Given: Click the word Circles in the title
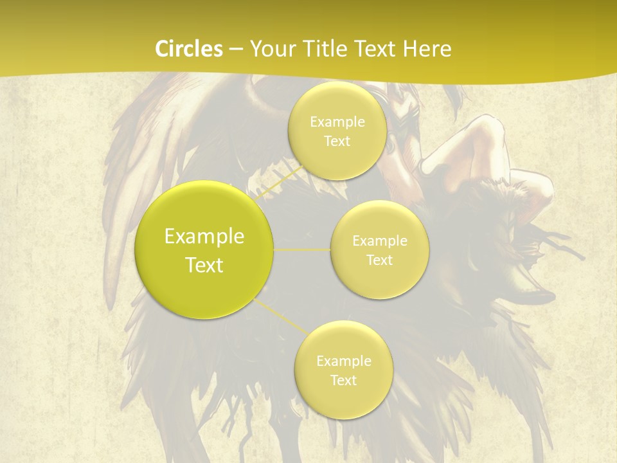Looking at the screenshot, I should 188,49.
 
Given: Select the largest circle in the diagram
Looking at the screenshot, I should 204,250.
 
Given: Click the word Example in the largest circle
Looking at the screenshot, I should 204,237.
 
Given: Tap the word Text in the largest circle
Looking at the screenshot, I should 204,265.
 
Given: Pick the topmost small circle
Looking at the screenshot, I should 337,131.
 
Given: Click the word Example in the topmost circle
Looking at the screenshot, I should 337,122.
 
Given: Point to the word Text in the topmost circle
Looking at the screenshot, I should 337,141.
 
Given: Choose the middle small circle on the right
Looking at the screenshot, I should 380,250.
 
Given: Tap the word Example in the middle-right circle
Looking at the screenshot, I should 380,241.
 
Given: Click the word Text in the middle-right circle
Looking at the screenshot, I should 380,260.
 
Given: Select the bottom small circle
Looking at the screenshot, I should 343,370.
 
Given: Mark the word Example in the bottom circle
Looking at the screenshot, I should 343,361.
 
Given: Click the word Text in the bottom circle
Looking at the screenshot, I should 343,380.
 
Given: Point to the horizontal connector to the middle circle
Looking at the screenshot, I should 302,250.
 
